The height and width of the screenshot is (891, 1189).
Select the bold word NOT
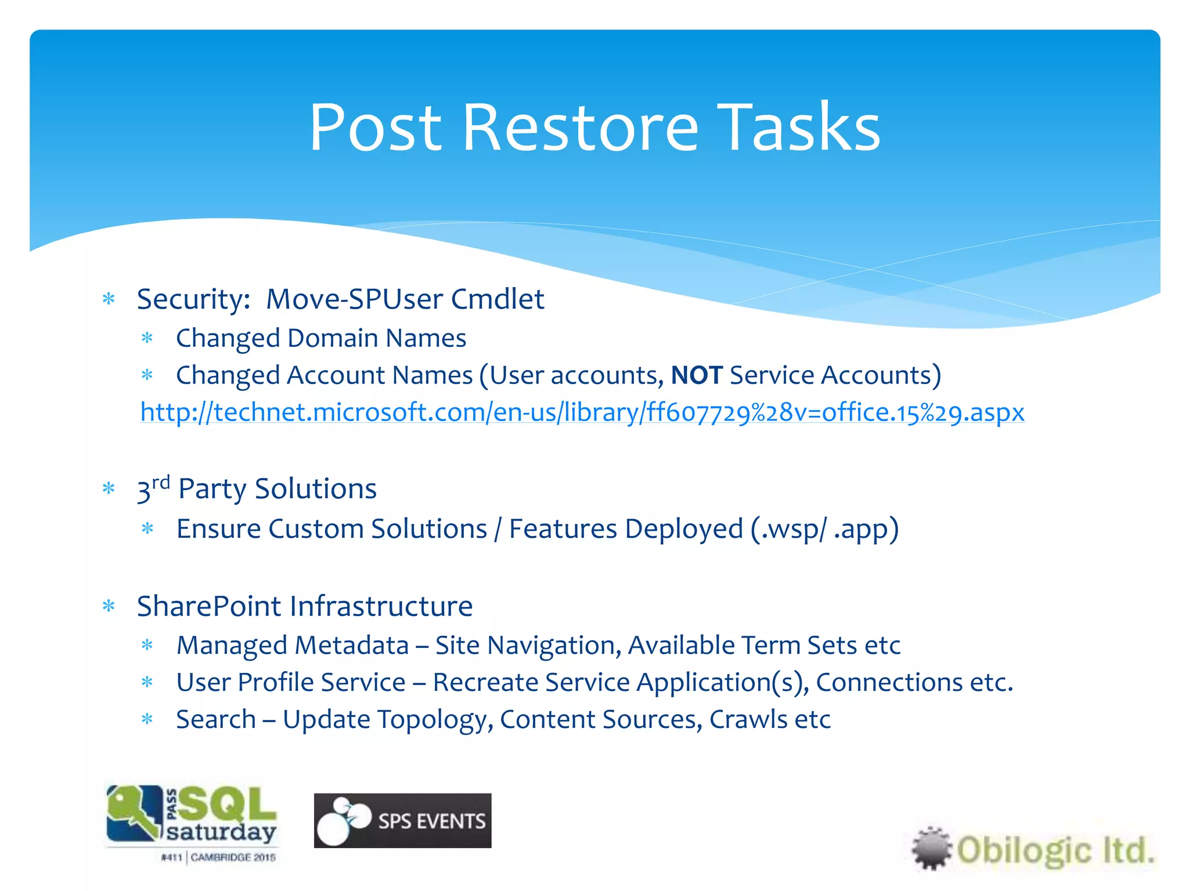[696, 375]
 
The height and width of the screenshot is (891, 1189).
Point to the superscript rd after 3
[161, 482]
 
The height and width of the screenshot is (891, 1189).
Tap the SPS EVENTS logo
[402, 820]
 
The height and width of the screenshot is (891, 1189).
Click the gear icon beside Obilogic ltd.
[931, 848]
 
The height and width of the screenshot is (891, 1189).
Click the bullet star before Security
[109, 299]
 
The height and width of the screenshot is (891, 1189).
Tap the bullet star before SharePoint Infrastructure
[109, 607]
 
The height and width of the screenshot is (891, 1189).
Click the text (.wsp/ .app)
[824, 529]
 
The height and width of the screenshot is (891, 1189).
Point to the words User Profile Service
[290, 683]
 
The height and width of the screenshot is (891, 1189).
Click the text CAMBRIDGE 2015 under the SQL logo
[233, 857]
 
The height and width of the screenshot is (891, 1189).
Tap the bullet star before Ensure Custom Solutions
[147, 529]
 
